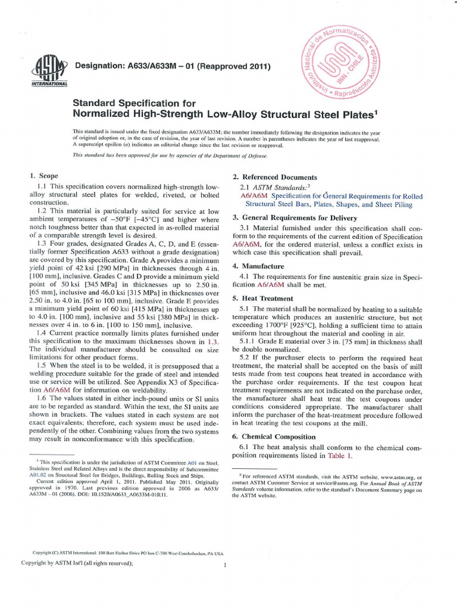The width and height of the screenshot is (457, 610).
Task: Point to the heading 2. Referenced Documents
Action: tap(274, 178)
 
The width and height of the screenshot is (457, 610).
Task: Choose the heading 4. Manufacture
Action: tap(258, 266)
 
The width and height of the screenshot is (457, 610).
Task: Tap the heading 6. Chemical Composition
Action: tap(274, 437)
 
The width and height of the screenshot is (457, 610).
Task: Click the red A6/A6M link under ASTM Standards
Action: tap(253, 195)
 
